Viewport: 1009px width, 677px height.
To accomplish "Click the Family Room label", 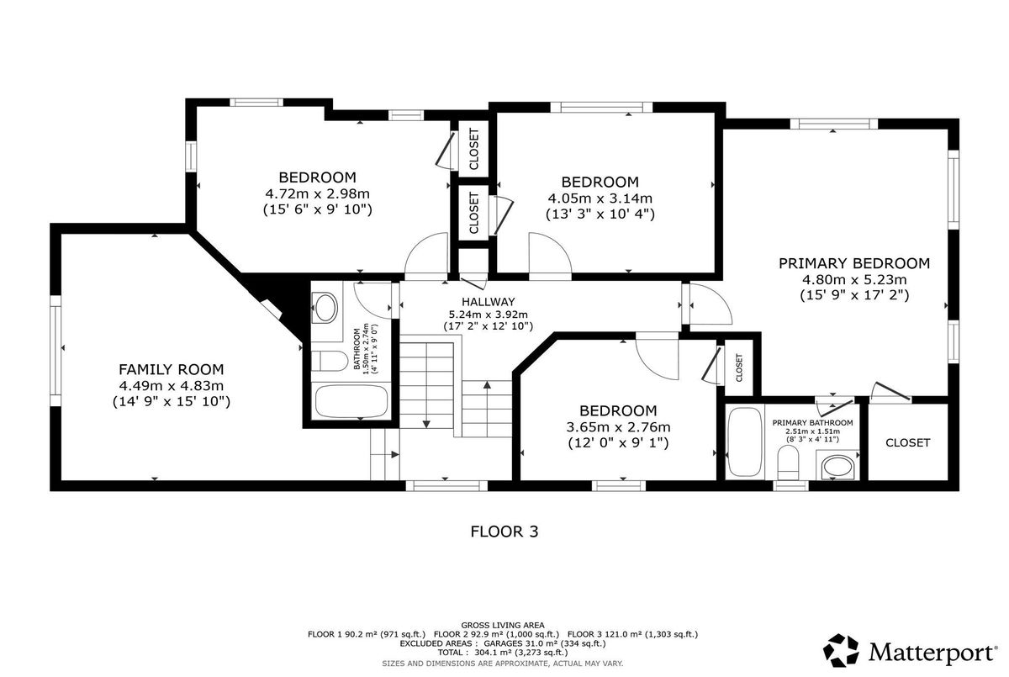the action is point(172,369).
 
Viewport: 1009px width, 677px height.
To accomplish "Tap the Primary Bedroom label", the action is point(854,263).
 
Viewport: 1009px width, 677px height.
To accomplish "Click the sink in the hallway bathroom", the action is point(326,308).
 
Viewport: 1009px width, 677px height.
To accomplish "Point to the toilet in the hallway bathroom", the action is point(330,361).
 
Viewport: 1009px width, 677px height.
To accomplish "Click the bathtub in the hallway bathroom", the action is point(351,401).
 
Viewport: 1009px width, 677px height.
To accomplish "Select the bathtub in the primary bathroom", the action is point(745,442).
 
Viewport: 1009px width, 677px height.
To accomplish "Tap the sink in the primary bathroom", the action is point(837,468).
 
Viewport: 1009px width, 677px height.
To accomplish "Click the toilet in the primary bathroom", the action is point(788,463).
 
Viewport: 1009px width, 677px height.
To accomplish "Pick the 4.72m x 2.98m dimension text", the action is point(318,193).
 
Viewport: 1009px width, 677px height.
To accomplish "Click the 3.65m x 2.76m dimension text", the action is point(618,426).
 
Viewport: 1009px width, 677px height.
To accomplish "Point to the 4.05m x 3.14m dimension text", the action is point(600,198).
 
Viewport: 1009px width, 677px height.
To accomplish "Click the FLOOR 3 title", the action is point(504,532).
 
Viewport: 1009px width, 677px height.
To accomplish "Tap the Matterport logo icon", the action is point(841,650).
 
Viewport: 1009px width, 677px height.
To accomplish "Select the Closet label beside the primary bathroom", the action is point(907,442).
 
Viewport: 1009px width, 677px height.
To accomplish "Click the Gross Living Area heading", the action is point(503,625).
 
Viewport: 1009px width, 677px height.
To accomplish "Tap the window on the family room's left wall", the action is point(55,351).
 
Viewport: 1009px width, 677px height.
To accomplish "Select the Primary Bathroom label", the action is point(812,423).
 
